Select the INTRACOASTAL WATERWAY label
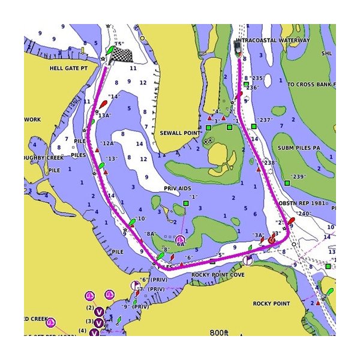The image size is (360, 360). pyautogui.click(x=274, y=40)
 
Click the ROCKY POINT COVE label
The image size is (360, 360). pyautogui.click(x=218, y=275)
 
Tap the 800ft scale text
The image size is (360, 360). pyautogui.click(x=219, y=332)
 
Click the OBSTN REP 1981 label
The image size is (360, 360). pyautogui.click(x=305, y=203)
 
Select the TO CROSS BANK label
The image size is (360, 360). pyautogui.click(x=311, y=85)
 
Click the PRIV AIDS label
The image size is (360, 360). pyautogui.click(x=177, y=188)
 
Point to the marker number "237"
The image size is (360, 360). pyautogui.click(x=265, y=120)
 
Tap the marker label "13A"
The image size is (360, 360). pyautogui.click(x=104, y=115)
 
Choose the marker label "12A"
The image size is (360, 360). pyautogui.click(x=109, y=143)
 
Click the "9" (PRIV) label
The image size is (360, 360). pyautogui.click(x=135, y=307)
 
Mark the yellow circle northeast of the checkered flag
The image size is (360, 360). pyautogui.click(x=143, y=38)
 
